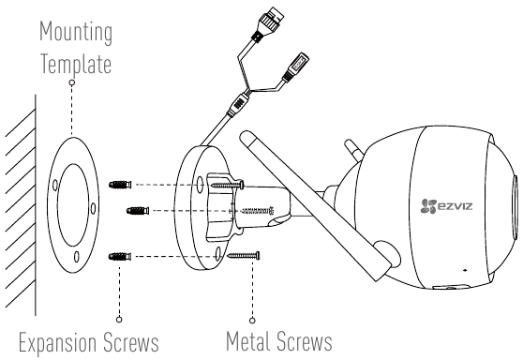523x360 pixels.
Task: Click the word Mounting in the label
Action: coord(76,32)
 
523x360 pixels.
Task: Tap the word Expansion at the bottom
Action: coord(58,342)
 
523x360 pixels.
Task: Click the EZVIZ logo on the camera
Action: coord(446,205)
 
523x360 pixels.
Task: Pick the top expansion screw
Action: coord(120,185)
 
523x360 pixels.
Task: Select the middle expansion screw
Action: coord(138,211)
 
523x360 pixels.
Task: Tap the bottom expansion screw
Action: coord(120,257)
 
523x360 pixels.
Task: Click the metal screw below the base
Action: coord(244,256)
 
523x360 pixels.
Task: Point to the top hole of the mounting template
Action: coord(55,186)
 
